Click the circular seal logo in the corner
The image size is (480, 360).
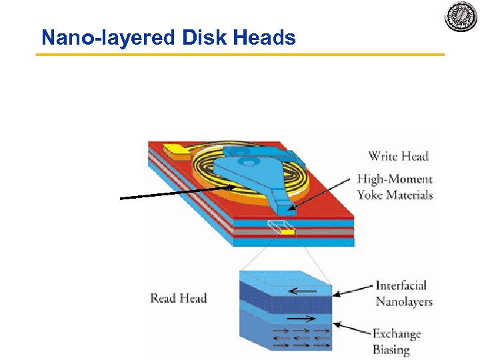pos(461,17)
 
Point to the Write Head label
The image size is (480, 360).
pos(398,157)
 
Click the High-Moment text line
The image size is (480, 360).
pos(395,179)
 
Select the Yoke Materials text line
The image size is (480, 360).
pos(395,195)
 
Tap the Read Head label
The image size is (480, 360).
pos(179,298)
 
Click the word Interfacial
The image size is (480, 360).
pos(401,286)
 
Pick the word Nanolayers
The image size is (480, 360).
pos(404,301)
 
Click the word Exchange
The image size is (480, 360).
pos(397,333)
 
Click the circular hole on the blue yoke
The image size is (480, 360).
pos(248,161)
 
